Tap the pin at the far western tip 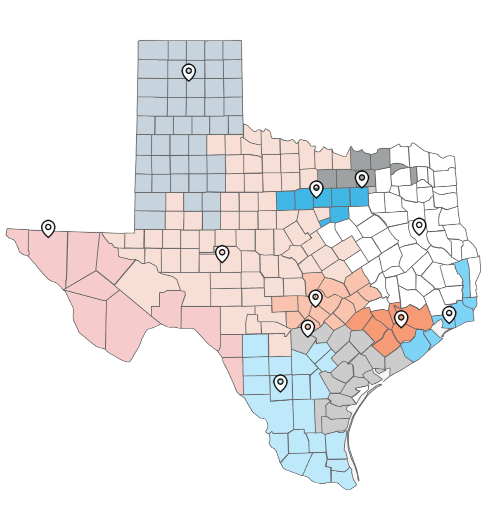point(48,227)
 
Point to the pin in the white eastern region point(419,226)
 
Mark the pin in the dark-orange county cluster point(400,318)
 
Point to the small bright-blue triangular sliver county point(325,223)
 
